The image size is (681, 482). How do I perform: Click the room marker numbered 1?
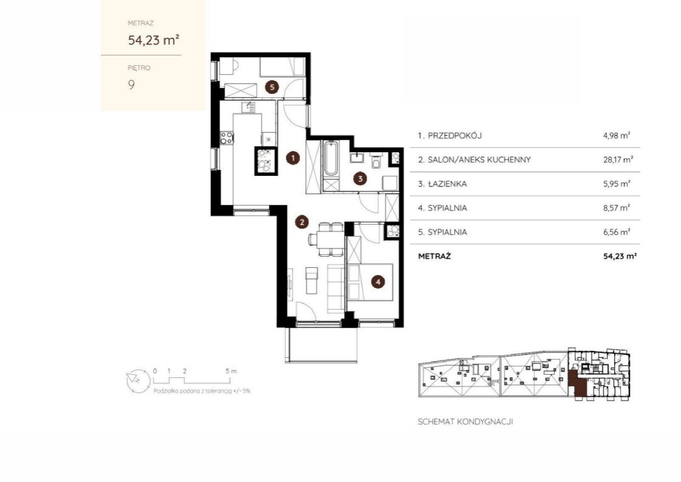click(293, 158)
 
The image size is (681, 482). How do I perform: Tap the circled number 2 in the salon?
click(302, 222)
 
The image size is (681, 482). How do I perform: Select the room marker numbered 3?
click(360, 178)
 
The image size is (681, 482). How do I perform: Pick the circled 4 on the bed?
click(378, 282)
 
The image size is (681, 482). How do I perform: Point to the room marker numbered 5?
click(272, 87)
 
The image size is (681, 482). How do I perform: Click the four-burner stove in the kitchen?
click(227, 138)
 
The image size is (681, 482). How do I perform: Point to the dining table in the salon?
click(330, 240)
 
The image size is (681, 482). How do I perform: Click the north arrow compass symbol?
click(138, 382)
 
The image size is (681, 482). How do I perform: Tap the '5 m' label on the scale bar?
click(231, 371)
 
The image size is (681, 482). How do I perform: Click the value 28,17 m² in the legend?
click(618, 160)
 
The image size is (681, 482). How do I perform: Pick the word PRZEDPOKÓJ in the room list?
click(455, 136)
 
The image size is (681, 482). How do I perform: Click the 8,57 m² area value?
click(617, 208)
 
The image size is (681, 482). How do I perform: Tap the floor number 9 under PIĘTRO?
click(131, 85)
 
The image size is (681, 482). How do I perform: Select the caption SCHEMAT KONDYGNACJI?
click(466, 422)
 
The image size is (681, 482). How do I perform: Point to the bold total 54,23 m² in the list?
click(620, 256)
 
